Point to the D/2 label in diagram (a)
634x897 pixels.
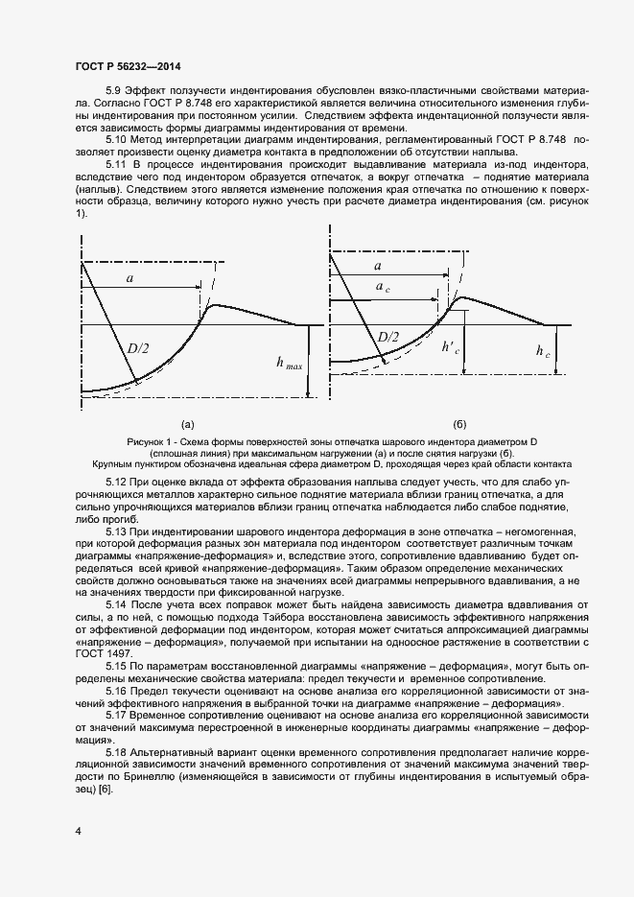click(x=138, y=348)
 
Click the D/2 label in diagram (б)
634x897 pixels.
click(x=388, y=337)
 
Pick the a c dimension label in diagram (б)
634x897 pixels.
click(x=384, y=287)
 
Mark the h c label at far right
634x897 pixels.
click(x=543, y=353)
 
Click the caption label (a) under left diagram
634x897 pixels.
click(x=188, y=423)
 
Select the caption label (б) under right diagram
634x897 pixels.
click(x=459, y=423)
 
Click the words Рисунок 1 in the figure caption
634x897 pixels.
click(x=149, y=439)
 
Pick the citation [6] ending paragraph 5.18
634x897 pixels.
click(x=105, y=789)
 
